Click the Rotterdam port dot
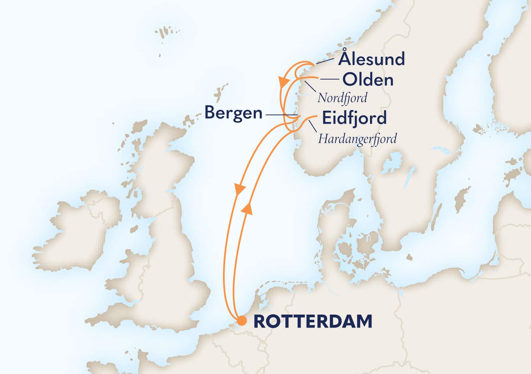coord(241,321)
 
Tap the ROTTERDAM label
coord(313,321)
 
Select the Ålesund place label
coord(371,59)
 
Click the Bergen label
coord(233,113)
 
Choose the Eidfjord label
coord(354,118)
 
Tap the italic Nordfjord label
coord(342,98)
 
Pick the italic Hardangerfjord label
coord(357,139)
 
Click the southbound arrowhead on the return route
coord(239,189)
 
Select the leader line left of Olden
coord(329,79)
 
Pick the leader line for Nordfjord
coord(310,87)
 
